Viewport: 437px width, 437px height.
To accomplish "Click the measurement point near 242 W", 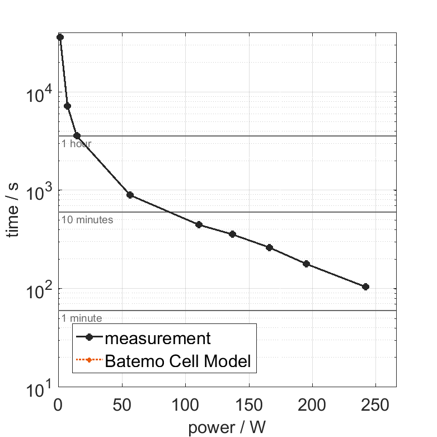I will click(x=365, y=286).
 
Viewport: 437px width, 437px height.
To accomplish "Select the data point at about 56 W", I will click(x=130, y=195).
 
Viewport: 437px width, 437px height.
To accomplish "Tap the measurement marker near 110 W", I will click(x=199, y=224).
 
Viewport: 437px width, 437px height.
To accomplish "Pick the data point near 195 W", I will click(x=306, y=264).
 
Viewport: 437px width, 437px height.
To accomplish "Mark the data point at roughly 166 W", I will click(x=269, y=247).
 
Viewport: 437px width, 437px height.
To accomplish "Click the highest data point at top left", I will click(x=60, y=37).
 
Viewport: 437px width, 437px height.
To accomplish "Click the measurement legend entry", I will click(x=158, y=338).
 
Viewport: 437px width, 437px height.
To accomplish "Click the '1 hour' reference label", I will click(x=77, y=144).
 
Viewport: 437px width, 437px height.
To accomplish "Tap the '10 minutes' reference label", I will click(x=87, y=220).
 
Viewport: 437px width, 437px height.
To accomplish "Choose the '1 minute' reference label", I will click(x=82, y=318).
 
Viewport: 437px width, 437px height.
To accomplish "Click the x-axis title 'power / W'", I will click(x=226, y=427).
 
